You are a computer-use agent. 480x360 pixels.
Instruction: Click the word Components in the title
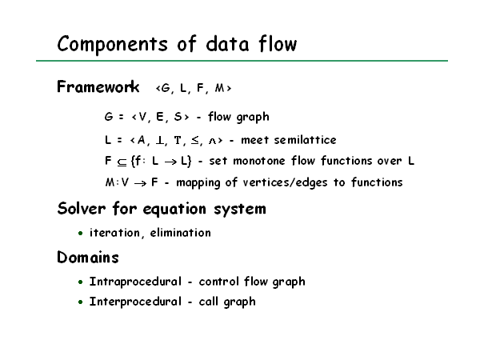tap(112, 44)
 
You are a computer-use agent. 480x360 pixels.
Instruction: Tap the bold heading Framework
tap(98, 86)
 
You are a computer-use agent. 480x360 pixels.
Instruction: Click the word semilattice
tap(306, 140)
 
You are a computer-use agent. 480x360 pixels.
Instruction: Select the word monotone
tap(259, 161)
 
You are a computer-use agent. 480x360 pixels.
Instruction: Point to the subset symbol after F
tap(122, 162)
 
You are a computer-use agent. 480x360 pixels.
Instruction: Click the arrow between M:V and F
tap(140, 183)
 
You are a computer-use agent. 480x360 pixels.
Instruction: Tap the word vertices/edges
tap(285, 182)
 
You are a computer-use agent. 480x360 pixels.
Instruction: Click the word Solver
tap(82, 209)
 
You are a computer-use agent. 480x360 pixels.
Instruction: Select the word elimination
tap(180, 233)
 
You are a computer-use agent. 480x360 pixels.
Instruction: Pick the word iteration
tap(115, 234)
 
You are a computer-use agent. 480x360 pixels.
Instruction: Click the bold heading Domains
tap(88, 257)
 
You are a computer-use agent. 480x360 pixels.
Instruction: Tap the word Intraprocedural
tap(135, 282)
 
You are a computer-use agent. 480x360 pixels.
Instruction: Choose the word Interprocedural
tap(135, 302)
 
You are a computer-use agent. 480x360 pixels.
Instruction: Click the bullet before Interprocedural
tap(81, 302)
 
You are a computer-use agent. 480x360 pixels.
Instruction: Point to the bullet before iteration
tap(81, 234)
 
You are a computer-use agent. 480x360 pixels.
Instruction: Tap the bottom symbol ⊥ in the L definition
tap(160, 140)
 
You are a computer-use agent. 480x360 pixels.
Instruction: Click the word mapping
tap(198, 183)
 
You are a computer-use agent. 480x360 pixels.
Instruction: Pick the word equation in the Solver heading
tap(174, 210)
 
